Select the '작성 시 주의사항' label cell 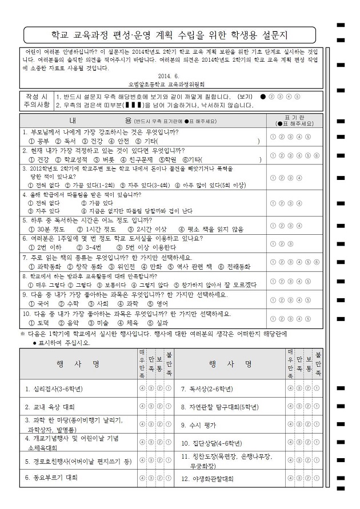(36, 101)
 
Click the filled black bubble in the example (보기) (262, 97)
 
